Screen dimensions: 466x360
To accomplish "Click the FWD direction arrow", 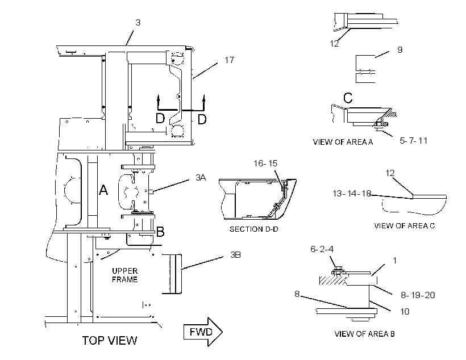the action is click(203, 332).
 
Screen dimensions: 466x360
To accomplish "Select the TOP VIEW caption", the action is click(109, 340).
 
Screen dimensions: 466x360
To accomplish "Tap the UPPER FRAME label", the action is click(125, 275).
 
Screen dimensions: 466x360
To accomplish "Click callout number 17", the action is click(229, 60).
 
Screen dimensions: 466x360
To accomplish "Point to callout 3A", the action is click(201, 178).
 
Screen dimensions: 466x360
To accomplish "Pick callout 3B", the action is click(235, 255).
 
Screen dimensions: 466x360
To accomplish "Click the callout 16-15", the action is click(265, 164).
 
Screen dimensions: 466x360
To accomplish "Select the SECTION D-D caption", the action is click(254, 229).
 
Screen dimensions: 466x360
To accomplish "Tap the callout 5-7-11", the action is click(413, 140).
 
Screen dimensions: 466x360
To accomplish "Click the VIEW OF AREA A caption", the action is click(343, 142).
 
